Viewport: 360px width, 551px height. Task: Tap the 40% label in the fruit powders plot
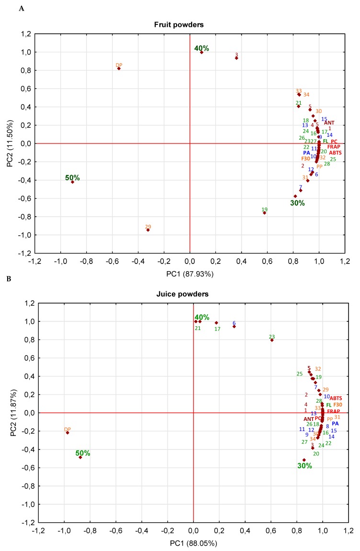(x=202, y=48)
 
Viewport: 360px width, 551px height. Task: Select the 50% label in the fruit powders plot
(x=72, y=178)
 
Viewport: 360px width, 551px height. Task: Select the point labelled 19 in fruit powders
(x=264, y=213)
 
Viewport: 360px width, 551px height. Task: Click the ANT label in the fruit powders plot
(x=329, y=123)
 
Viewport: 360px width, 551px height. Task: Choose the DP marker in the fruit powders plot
(x=119, y=68)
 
